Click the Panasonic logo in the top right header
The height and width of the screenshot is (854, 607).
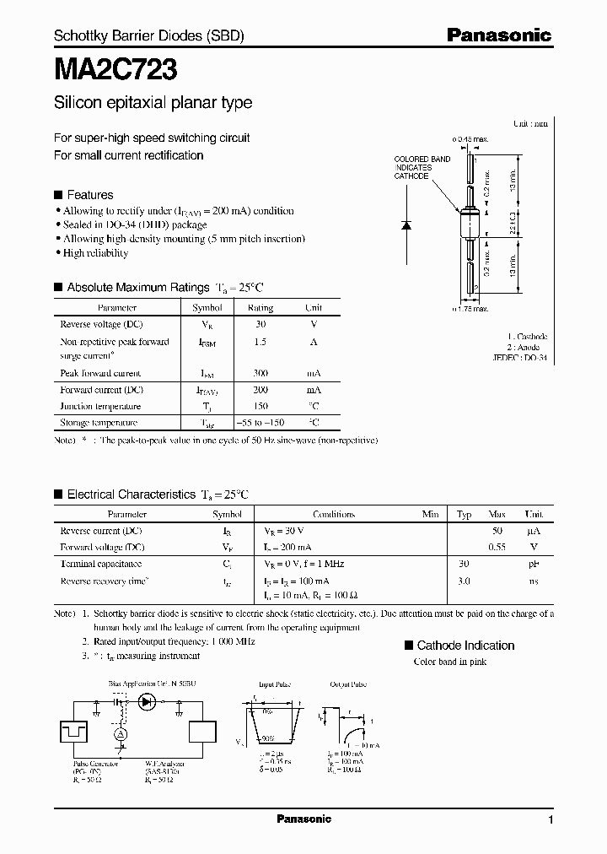coord(498,35)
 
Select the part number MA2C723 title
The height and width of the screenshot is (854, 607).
coord(115,68)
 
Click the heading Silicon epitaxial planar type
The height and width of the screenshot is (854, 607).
coord(153,103)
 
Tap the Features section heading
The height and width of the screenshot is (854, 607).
coord(89,194)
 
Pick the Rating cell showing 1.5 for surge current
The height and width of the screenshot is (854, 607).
coord(261,342)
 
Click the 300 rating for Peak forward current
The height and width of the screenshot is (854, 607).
coord(261,373)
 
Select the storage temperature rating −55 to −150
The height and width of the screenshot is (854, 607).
coord(261,423)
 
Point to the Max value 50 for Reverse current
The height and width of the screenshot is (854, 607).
coord(497,531)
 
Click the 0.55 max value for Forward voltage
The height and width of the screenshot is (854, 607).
coord(497,547)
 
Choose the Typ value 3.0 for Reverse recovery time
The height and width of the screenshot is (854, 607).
coord(463,581)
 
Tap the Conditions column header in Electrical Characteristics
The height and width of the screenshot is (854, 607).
coord(334,514)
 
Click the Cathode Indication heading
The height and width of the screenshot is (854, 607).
coord(465,646)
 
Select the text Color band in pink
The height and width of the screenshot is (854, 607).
coord(449,662)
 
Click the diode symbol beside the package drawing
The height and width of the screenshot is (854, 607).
coord(406,225)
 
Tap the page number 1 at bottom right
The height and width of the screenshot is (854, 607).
coord(551,820)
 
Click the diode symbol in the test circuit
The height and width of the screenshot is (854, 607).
coord(148,700)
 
